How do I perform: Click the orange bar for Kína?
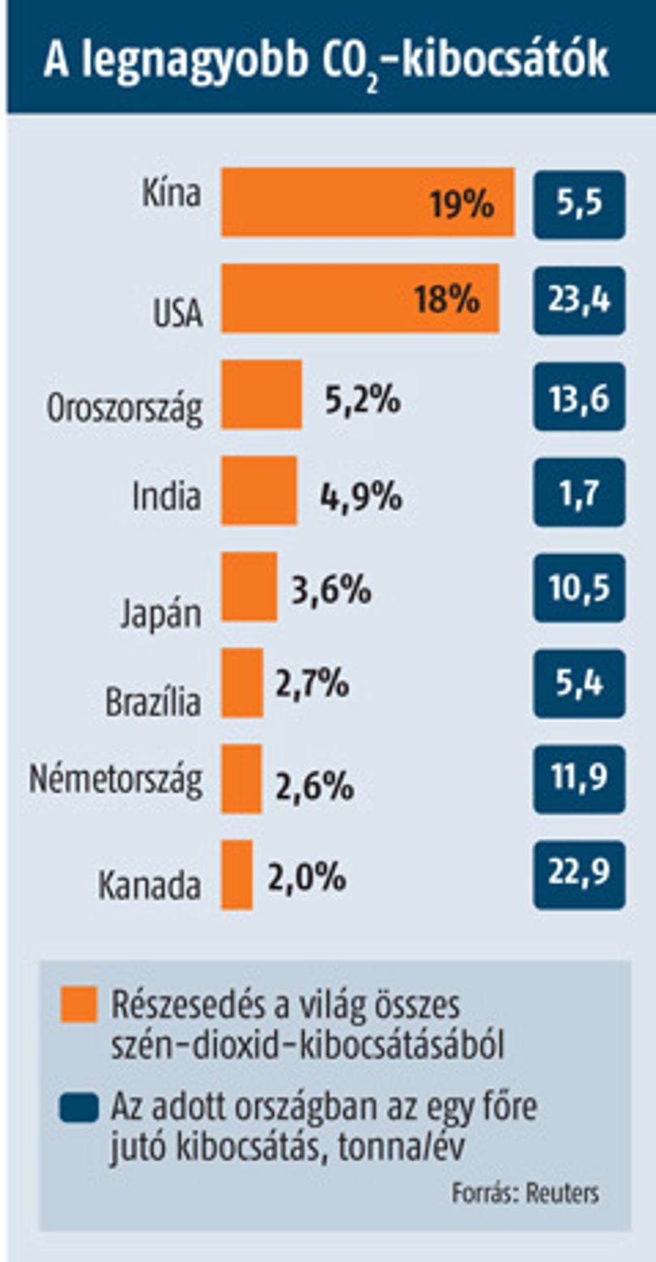tap(368, 203)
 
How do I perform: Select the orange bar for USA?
tap(360, 298)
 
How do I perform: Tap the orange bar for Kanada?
tap(236, 874)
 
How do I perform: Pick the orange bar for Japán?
tap(249, 586)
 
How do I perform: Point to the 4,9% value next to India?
tap(361, 497)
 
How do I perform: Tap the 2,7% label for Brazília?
tap(312, 683)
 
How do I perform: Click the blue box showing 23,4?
tap(579, 301)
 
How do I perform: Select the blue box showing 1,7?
tap(579, 492)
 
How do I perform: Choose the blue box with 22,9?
tap(579, 875)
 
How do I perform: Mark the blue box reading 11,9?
tap(579, 779)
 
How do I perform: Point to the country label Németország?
tap(116, 780)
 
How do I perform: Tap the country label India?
tap(167, 497)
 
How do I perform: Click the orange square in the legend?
tap(79, 1004)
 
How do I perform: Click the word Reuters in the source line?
tap(563, 1193)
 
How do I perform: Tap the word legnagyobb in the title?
tap(194, 60)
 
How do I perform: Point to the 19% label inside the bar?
tap(462, 203)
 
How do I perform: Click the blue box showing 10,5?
tap(579, 587)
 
